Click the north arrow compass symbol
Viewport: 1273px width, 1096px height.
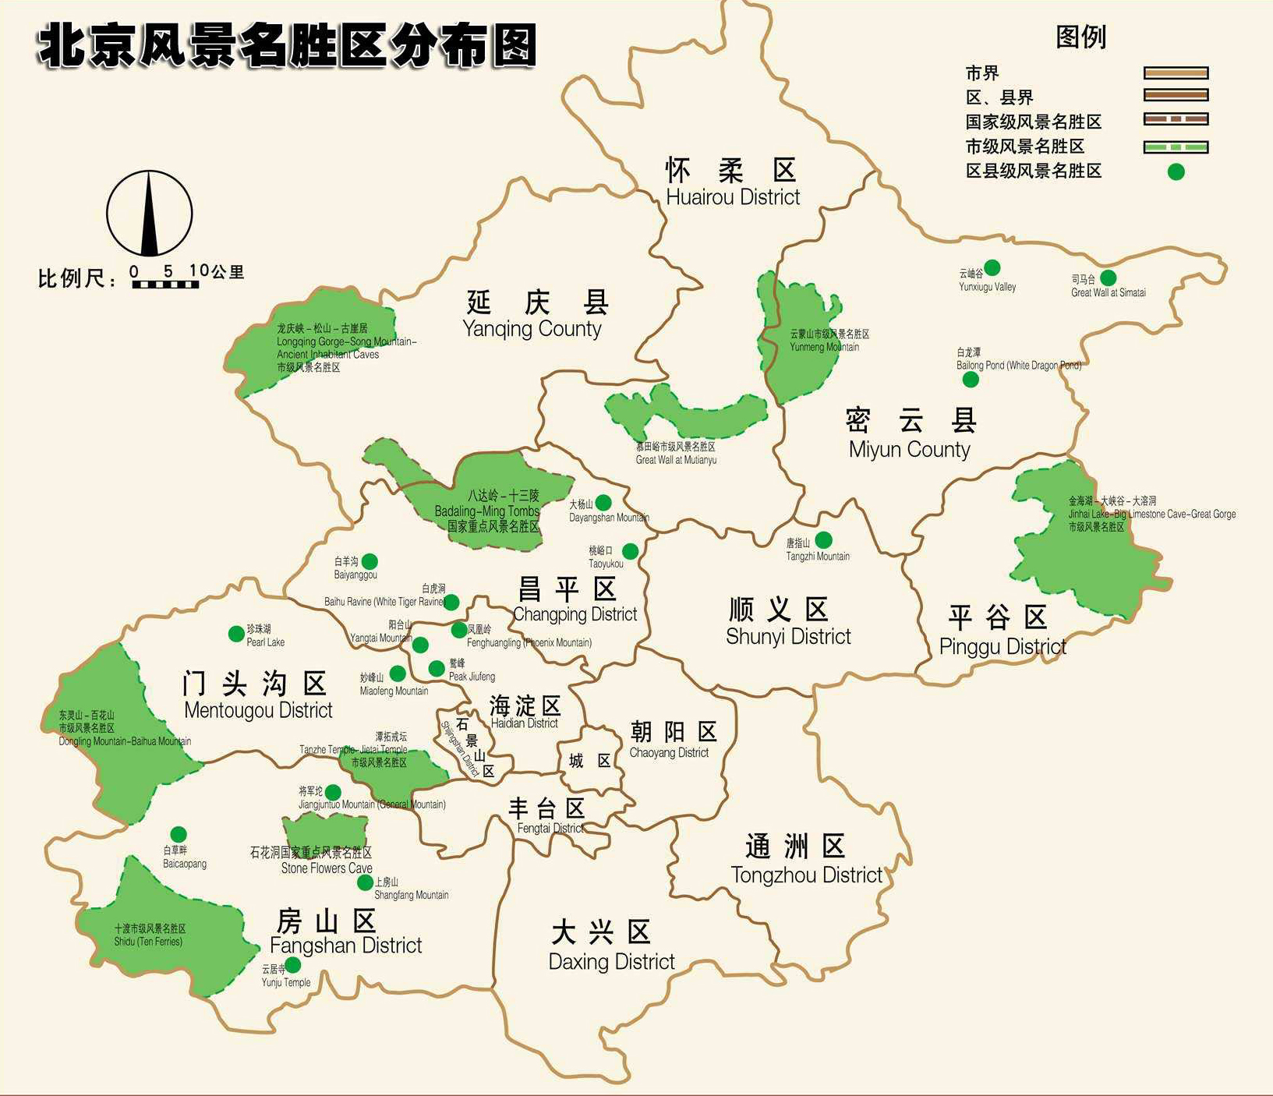pyautogui.click(x=149, y=213)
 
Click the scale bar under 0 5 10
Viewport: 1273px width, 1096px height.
pyautogui.click(x=164, y=285)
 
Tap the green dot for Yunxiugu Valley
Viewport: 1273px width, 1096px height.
pyautogui.click(x=992, y=268)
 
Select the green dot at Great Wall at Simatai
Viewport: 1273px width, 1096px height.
pyautogui.click(x=1108, y=278)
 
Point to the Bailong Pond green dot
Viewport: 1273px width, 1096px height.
pyautogui.click(x=971, y=380)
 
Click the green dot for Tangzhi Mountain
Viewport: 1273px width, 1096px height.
pyautogui.click(x=823, y=539)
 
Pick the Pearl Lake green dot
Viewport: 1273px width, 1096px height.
pyautogui.click(x=236, y=634)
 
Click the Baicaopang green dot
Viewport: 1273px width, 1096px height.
pyautogui.click(x=179, y=834)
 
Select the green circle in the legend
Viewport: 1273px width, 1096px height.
pyautogui.click(x=1176, y=171)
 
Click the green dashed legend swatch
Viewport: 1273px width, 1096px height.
pyautogui.click(x=1176, y=147)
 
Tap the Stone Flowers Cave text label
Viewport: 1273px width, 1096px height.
pyautogui.click(x=326, y=868)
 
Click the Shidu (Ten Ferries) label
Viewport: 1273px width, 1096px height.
pyautogui.click(x=148, y=942)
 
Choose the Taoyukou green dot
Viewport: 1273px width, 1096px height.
pyautogui.click(x=630, y=551)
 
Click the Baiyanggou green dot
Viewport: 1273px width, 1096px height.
pyautogui.click(x=370, y=561)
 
